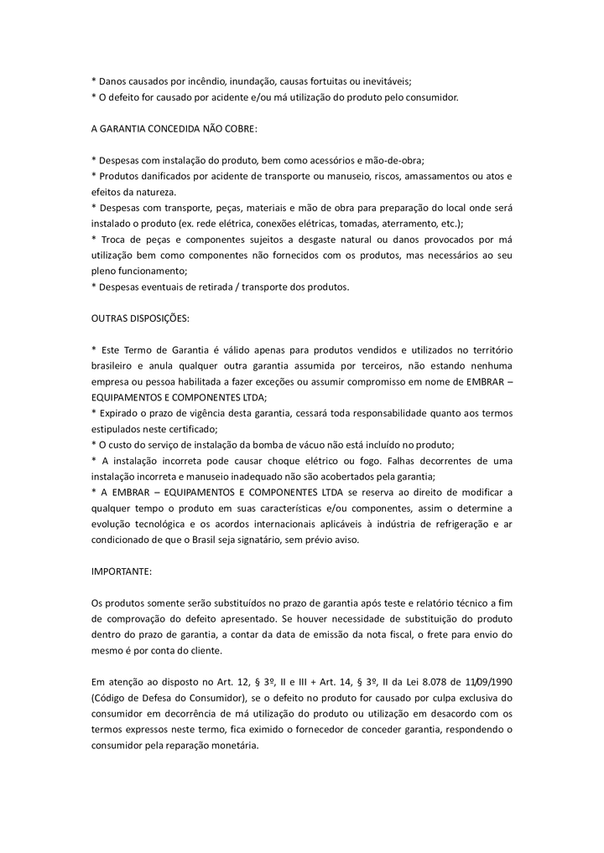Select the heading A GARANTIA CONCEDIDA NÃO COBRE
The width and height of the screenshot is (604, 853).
click(174, 129)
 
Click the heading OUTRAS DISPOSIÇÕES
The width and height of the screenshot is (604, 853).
click(140, 319)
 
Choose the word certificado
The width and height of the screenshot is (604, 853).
click(190, 429)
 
